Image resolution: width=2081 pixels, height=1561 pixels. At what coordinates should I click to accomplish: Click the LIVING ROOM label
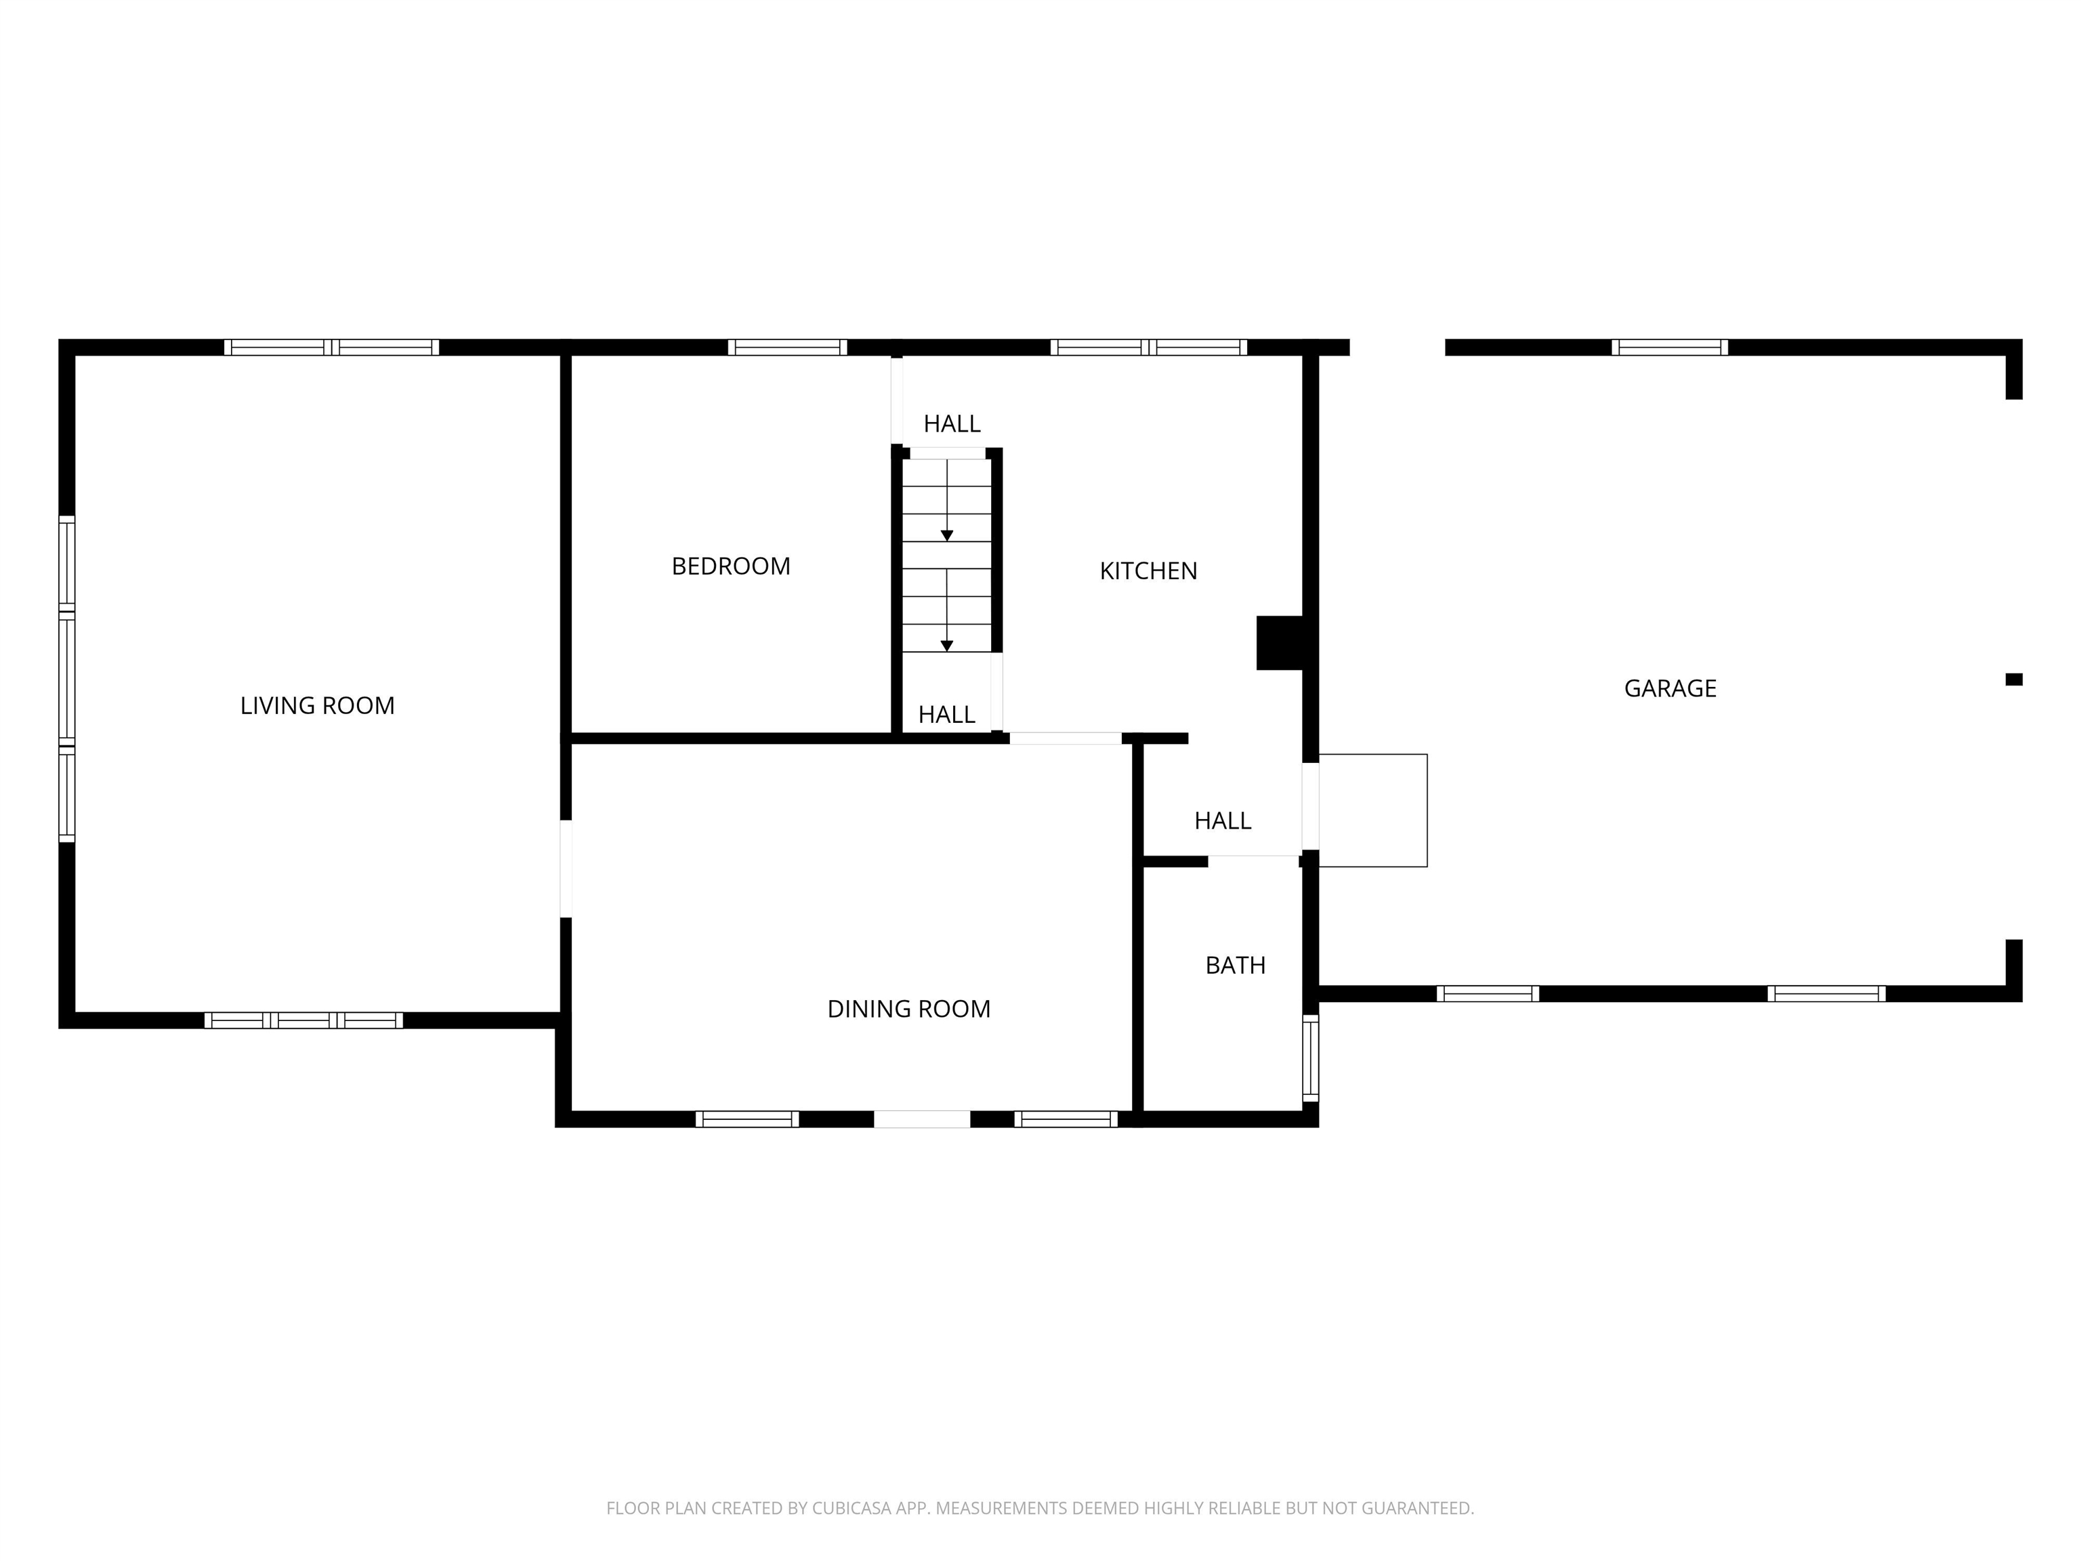[317, 706]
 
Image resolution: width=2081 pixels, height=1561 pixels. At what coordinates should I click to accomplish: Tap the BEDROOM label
[731, 566]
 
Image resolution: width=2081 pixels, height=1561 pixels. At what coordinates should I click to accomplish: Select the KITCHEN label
[1149, 571]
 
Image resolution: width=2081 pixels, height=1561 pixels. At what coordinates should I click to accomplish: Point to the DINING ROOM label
[909, 1009]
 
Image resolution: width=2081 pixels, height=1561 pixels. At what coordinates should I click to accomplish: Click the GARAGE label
[1670, 689]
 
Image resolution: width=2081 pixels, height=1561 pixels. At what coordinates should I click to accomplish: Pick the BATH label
[1235, 965]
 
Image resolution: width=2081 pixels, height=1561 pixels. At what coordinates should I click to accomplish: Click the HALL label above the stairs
[952, 423]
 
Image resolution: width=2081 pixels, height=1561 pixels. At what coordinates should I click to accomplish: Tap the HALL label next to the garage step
[1223, 820]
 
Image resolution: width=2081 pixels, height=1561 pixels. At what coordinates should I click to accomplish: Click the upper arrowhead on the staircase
[948, 535]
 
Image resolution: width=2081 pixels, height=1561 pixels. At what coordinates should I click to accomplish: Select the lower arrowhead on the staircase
[948, 646]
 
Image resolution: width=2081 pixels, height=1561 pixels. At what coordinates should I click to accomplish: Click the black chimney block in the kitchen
[1280, 643]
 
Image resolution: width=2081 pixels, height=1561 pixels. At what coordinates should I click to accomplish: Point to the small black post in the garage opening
[2014, 680]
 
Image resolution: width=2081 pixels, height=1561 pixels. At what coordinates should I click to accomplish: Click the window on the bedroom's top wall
[787, 347]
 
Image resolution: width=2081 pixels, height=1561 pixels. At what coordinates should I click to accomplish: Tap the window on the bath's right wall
[1311, 1058]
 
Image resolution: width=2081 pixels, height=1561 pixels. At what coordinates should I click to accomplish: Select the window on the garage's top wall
[1670, 347]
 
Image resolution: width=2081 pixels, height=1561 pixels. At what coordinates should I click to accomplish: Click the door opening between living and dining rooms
[566, 869]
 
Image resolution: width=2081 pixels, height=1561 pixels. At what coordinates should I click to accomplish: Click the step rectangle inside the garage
[1372, 810]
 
